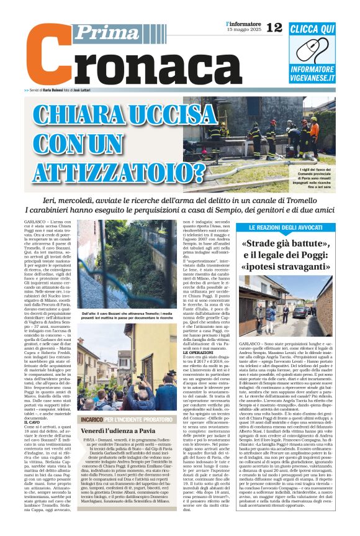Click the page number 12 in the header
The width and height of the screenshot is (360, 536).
tap(273, 27)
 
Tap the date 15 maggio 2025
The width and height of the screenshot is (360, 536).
tap(242, 30)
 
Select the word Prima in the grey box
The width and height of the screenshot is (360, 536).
tap(99, 32)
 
